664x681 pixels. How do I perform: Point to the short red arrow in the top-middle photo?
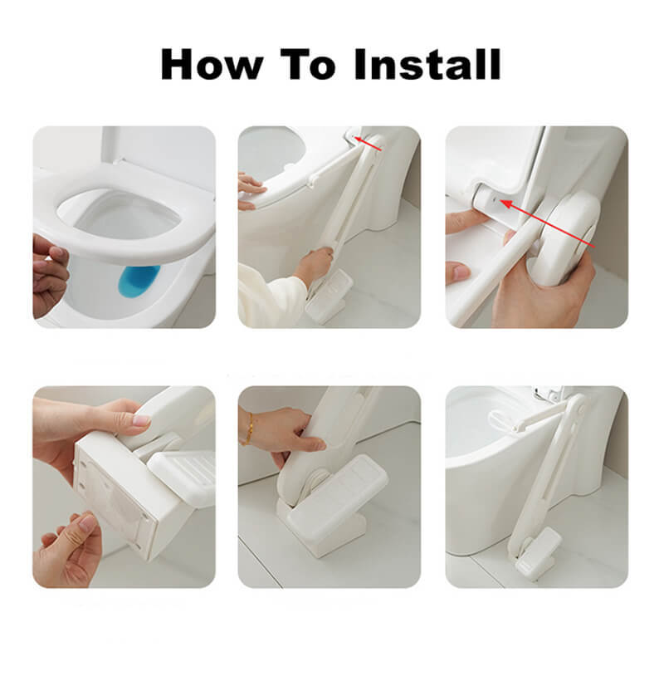point(369,144)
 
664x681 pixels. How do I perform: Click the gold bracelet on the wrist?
point(248,429)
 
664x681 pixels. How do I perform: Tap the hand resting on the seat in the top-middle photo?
point(251,191)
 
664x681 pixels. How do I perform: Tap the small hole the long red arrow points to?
point(494,200)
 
